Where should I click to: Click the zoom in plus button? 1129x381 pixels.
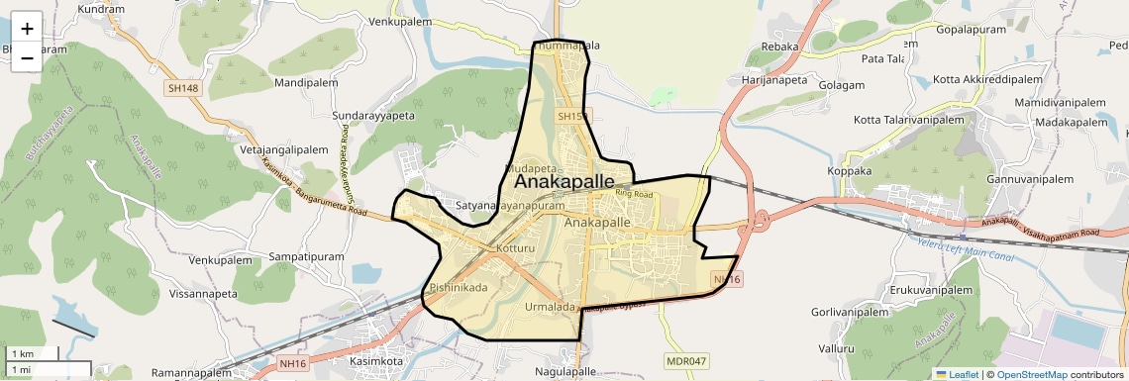27,29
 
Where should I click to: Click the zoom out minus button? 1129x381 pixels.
27,57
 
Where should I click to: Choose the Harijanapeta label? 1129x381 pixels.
775,79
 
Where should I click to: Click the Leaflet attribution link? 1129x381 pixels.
957,375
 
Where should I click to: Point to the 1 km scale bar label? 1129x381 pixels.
23,353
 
